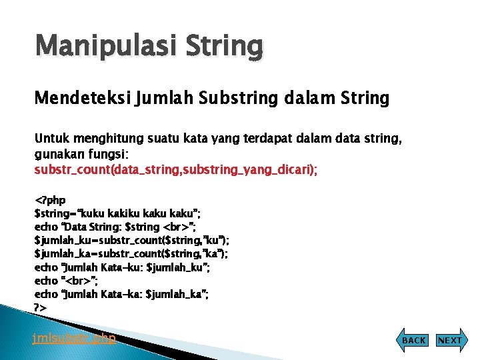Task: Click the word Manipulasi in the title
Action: (x=97, y=47)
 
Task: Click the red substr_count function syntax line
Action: (x=176, y=170)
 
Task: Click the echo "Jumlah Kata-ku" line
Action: (x=122, y=267)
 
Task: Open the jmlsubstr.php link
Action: (x=74, y=338)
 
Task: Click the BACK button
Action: (x=413, y=340)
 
